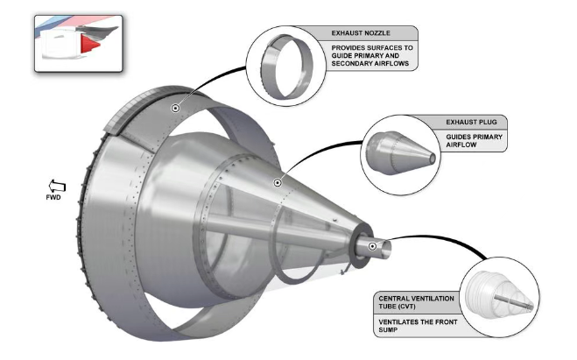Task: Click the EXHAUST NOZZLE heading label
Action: click(x=361, y=33)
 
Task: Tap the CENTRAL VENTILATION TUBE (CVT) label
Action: click(x=416, y=302)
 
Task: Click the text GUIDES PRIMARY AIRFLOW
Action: click(x=474, y=141)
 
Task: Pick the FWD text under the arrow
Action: click(x=53, y=198)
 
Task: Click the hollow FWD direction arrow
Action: click(x=57, y=186)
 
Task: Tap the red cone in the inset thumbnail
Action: click(x=89, y=44)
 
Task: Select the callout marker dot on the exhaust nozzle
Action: click(x=175, y=109)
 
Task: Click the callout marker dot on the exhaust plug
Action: click(x=278, y=182)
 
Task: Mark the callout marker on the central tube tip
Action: click(x=372, y=246)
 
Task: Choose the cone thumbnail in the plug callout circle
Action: click(x=401, y=152)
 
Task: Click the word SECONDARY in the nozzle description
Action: click(x=349, y=63)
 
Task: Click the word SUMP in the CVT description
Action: click(x=388, y=330)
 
